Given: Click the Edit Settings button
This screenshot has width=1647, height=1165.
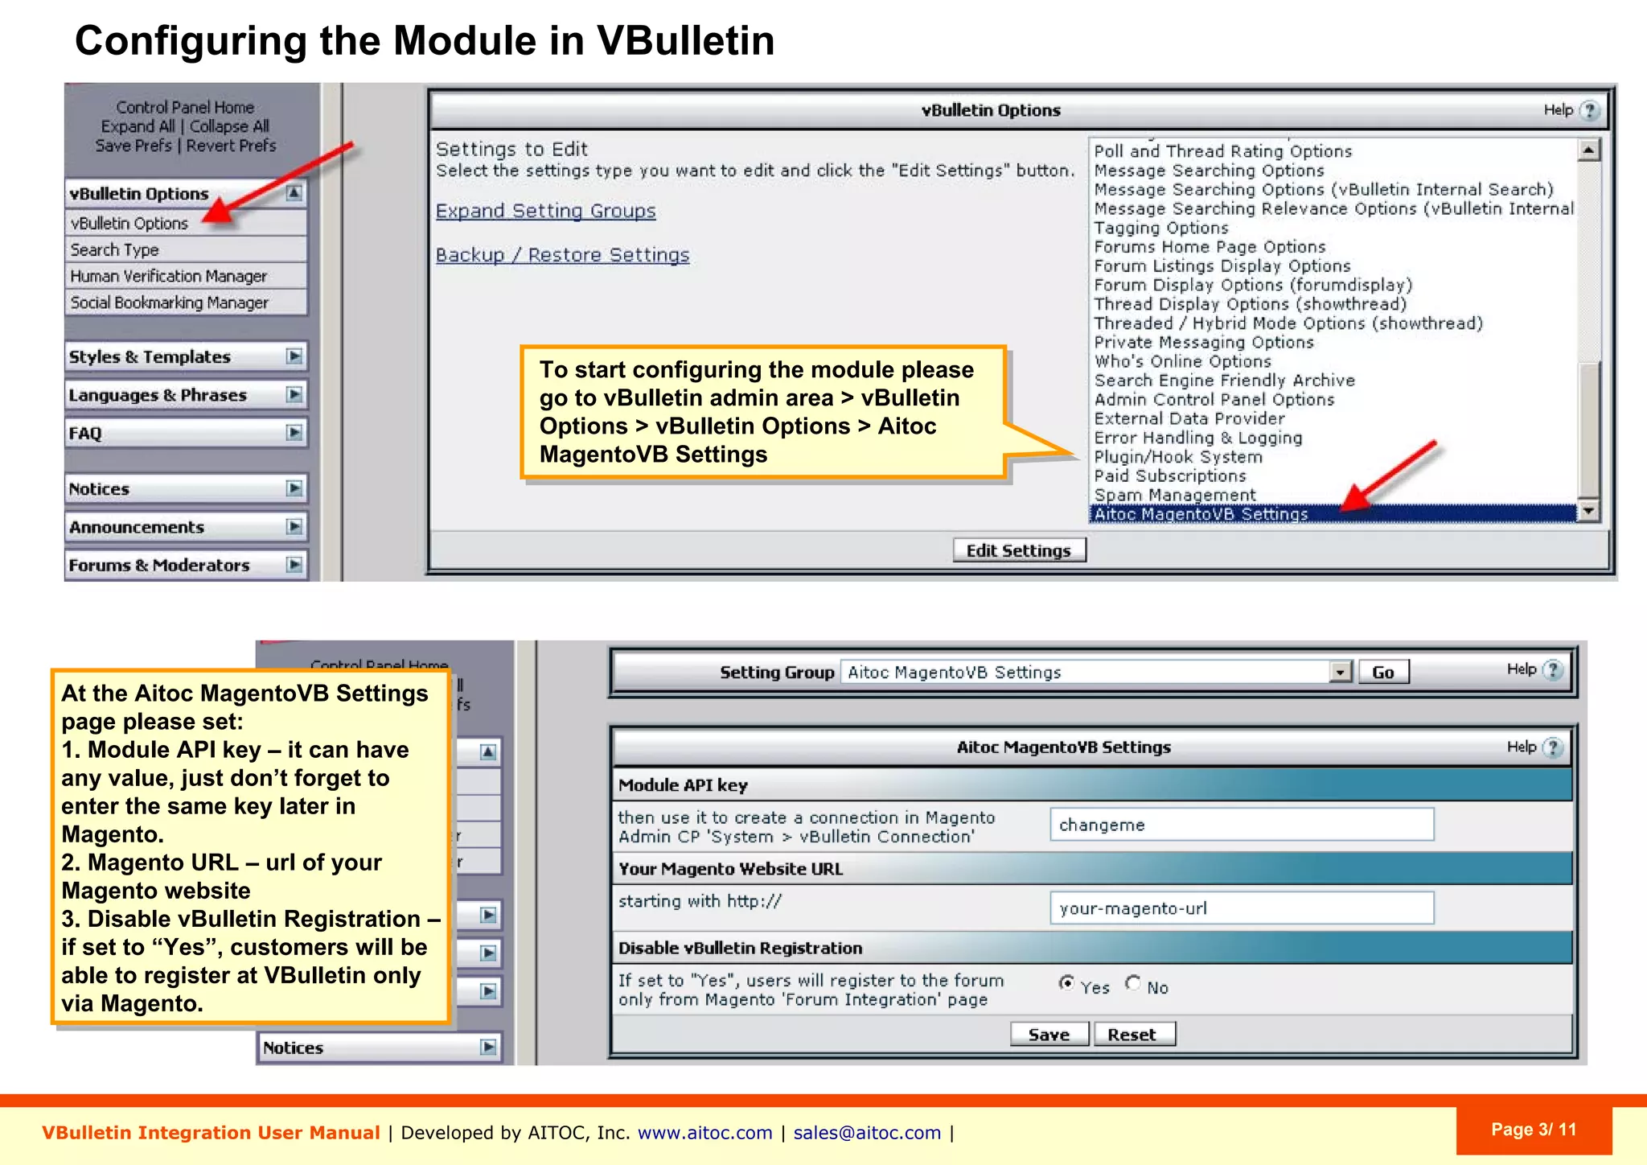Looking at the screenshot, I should tap(1019, 550).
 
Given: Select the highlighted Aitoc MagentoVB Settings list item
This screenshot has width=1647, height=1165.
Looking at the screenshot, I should tap(1201, 514).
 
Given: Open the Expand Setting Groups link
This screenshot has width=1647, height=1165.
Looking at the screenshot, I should tap(545, 211).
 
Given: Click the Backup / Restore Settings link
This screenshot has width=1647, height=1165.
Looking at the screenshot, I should tap(562, 255).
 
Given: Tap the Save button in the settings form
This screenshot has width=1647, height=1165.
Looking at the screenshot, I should tap(1049, 1035).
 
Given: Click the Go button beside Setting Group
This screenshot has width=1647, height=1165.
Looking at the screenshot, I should tap(1382, 673).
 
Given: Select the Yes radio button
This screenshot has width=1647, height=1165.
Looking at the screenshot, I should tap(1066, 983).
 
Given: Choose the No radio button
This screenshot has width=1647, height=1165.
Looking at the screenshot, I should tap(1133, 983).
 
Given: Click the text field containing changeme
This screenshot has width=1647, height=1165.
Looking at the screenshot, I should tap(1241, 825).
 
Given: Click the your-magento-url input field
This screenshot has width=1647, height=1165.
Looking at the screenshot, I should tap(1241, 908).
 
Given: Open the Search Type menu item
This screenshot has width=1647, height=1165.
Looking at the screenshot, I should tap(114, 249).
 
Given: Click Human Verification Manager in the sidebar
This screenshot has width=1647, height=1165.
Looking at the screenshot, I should tap(168, 276).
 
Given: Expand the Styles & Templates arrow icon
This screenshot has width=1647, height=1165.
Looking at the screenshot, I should tap(294, 356).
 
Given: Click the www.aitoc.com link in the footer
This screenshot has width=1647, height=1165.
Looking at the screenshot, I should tap(704, 1133).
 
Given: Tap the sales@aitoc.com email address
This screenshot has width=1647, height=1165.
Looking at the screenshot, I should tap(867, 1133).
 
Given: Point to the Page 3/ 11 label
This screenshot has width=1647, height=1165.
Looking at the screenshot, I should tap(1533, 1130).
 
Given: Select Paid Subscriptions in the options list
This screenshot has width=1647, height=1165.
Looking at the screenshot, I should tap(1169, 475).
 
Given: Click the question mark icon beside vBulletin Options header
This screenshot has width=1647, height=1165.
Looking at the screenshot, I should tap(1589, 110).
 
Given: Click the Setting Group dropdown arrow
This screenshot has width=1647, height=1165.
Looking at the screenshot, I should tap(1340, 672).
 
